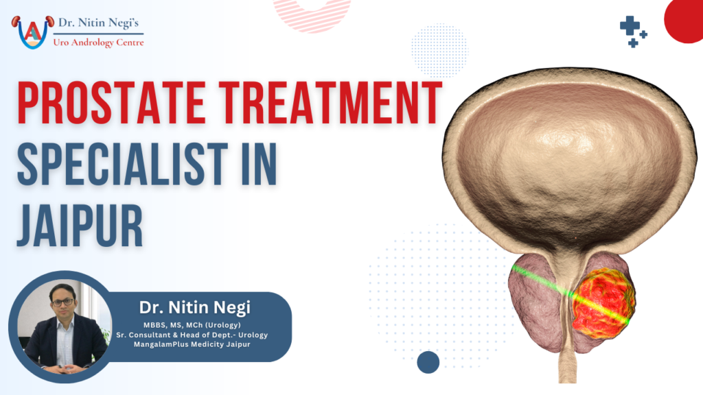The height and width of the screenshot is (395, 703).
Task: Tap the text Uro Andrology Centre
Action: point(98,42)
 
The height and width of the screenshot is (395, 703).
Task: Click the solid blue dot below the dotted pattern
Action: point(428,361)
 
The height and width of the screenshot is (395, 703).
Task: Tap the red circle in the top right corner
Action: point(687,19)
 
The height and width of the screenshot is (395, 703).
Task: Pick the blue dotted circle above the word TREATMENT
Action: point(439,51)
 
